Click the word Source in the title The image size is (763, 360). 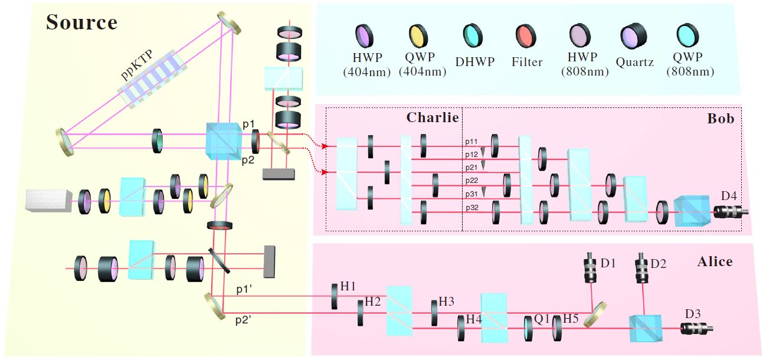[x=81, y=22]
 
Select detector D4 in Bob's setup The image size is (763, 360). [x=731, y=211]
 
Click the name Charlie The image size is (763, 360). [x=433, y=118]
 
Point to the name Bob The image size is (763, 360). [x=721, y=119]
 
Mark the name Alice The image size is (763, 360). [x=715, y=261]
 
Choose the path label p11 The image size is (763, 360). [x=471, y=142]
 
